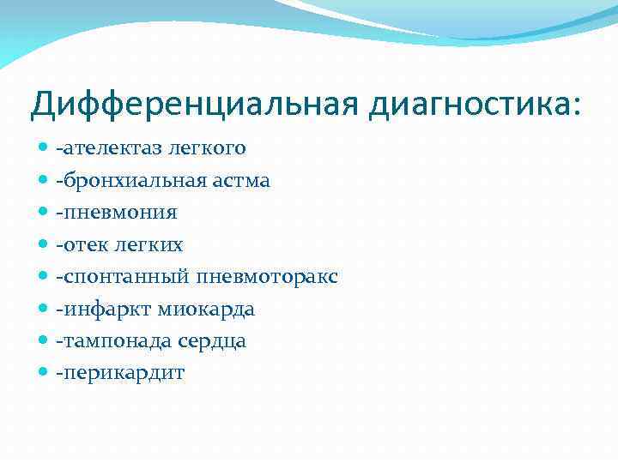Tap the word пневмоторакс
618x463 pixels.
pyautogui.click(x=267, y=277)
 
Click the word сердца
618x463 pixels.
pyautogui.click(x=213, y=341)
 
